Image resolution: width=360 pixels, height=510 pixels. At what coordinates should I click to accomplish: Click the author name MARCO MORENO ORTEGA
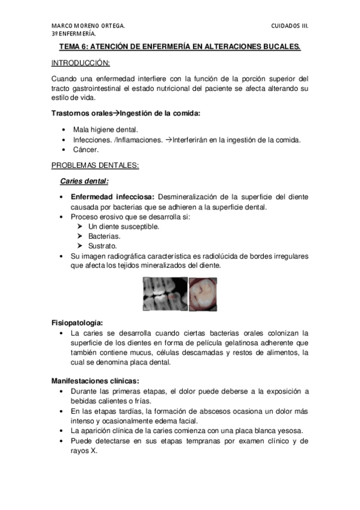[88, 26]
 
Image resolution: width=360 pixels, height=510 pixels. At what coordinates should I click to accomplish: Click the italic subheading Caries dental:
[84, 181]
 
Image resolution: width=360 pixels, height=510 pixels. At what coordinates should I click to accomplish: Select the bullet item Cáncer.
[85, 150]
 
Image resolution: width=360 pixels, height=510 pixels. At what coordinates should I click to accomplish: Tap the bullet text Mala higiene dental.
[105, 129]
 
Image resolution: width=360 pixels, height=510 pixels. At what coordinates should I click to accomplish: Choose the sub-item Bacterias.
[103, 236]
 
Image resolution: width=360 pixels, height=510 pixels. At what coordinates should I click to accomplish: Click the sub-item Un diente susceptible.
[123, 227]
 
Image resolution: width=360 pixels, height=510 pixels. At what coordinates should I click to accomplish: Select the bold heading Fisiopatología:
[76, 322]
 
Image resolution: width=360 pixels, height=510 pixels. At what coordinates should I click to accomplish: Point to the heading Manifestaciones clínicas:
[96, 381]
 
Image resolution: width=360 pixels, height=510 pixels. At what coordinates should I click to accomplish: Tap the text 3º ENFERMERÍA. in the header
[72, 35]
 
